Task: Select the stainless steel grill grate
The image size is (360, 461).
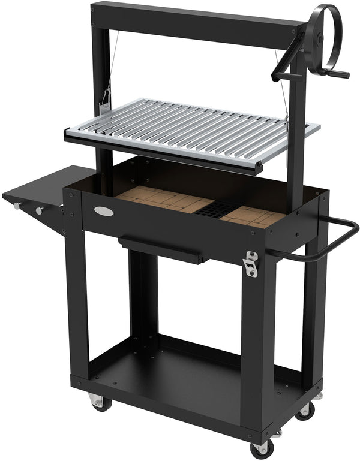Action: pyautogui.click(x=192, y=129)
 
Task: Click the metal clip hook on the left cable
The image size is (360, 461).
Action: pyautogui.click(x=106, y=97)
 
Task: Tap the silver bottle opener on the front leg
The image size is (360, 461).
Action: pyautogui.click(x=250, y=263)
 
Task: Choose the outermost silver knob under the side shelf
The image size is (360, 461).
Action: pyautogui.click(x=16, y=206)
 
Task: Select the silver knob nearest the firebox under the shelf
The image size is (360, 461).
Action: pyautogui.click(x=40, y=211)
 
